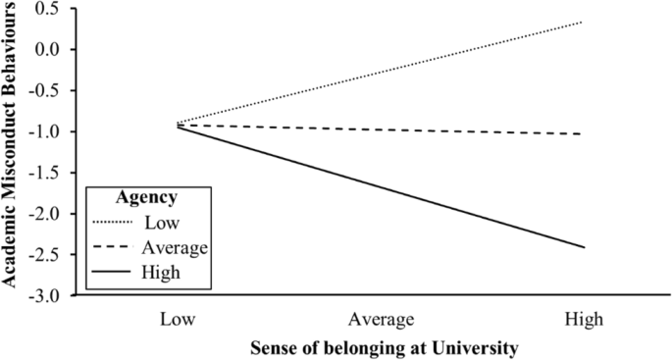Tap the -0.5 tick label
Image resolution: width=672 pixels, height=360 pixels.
click(45, 91)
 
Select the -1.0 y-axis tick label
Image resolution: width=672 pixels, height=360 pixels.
click(45, 131)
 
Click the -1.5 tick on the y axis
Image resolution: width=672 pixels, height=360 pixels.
click(45, 173)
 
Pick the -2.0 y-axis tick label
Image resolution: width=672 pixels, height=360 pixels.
click(45, 214)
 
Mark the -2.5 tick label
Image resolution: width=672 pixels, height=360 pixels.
click(45, 254)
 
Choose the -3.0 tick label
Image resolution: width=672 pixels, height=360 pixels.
click(45, 295)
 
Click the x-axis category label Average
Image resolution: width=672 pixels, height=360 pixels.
click(382, 320)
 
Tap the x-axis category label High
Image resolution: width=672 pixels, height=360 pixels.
click(585, 320)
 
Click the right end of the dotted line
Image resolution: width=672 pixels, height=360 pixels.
click(584, 22)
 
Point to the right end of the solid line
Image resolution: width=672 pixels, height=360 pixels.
click(584, 247)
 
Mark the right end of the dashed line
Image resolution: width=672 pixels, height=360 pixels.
click(584, 133)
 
